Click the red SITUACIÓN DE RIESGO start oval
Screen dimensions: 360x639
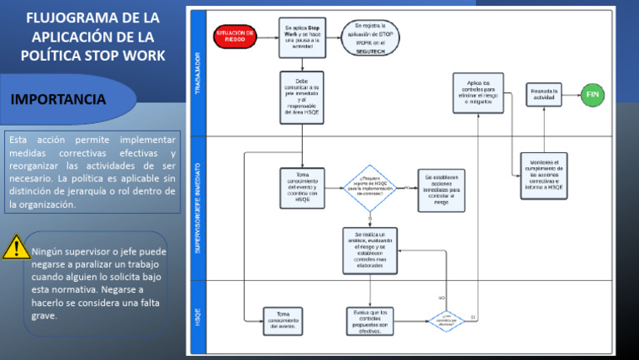coord(235,36)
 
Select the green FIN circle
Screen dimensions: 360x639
coord(593,95)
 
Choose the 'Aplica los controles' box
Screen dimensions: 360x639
coord(478,93)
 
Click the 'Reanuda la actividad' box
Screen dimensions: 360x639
coord(544,95)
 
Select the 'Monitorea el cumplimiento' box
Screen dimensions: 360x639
coord(544,175)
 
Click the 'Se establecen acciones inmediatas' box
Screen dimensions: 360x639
coord(441,190)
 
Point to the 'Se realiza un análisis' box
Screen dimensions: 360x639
coord(370,250)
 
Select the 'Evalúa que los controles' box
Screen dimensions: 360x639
coord(370,320)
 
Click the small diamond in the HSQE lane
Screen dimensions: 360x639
coord(446,320)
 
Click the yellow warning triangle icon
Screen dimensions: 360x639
coord(15,248)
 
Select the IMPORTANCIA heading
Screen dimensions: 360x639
coord(58,100)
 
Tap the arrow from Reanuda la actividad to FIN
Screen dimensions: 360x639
coord(572,95)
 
